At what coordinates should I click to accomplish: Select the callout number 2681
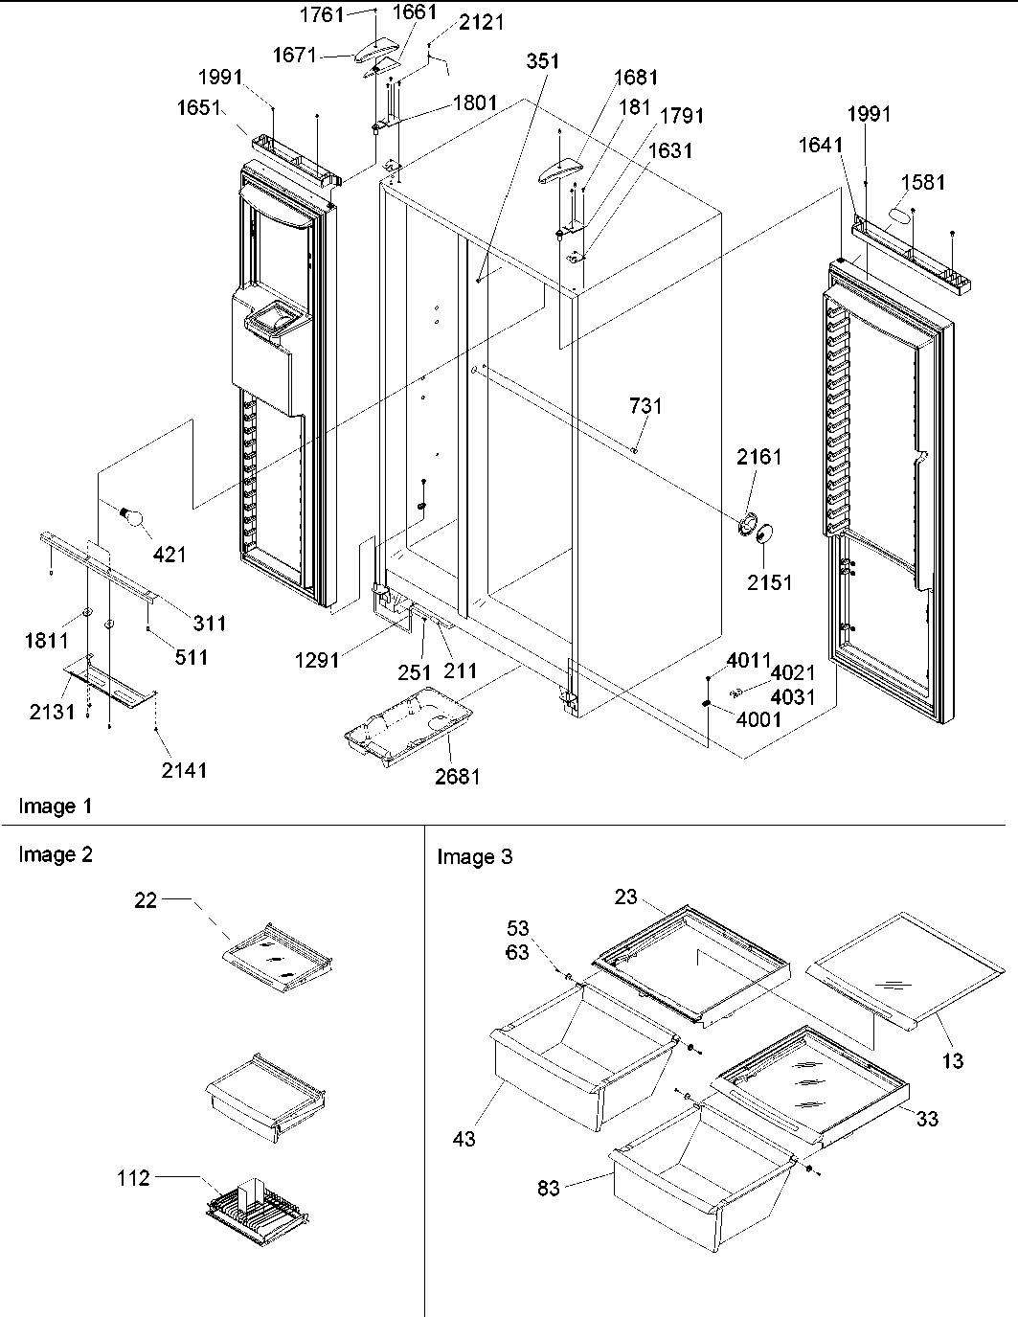click(x=457, y=777)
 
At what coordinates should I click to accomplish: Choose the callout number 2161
click(x=758, y=457)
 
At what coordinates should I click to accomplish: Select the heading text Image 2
click(x=56, y=854)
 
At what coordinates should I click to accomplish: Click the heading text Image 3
click(x=474, y=856)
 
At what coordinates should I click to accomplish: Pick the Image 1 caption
click(x=56, y=806)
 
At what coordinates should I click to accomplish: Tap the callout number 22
click(x=146, y=900)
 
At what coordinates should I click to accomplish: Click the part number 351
click(x=542, y=62)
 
